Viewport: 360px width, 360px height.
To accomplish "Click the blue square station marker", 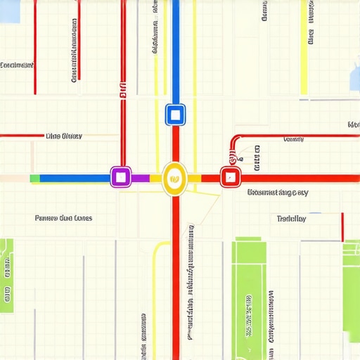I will pyautogui.click(x=174, y=115).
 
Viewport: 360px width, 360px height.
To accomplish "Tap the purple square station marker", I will pyautogui.click(x=121, y=176).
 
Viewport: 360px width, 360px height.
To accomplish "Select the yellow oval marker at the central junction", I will pyautogui.click(x=174, y=178).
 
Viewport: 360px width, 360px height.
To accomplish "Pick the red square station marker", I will pyautogui.click(x=230, y=177).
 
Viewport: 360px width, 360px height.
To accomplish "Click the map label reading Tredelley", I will pyautogui.click(x=291, y=219).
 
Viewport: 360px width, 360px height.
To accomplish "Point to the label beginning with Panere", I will pyautogui.click(x=63, y=218).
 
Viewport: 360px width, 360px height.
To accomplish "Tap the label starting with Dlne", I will pyautogui.click(x=63, y=136).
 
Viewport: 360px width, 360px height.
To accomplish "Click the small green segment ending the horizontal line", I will pyautogui.click(x=35, y=179).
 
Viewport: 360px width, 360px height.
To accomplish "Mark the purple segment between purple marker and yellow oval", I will pyautogui.click(x=141, y=179).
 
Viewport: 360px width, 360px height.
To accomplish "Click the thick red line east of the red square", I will pyautogui.click(x=295, y=179).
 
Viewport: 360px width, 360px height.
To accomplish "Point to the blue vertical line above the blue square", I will pyautogui.click(x=175, y=49).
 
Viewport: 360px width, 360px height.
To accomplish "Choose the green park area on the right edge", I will pyautogui.click(x=351, y=281).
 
